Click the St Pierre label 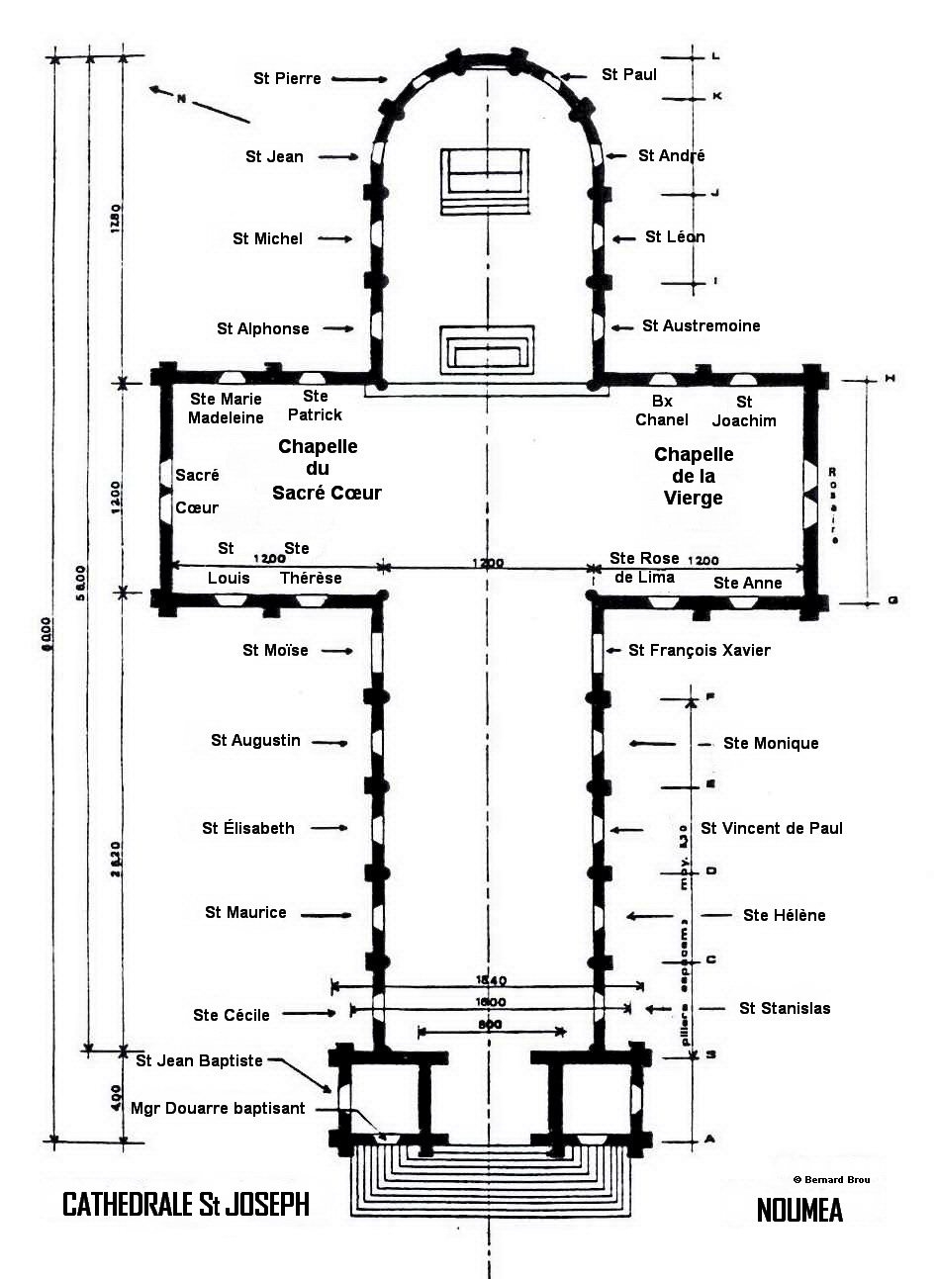pos(287,78)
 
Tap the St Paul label pos(628,74)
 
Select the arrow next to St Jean pos(339,156)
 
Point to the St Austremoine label pos(701,325)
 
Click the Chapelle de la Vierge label pos(694,476)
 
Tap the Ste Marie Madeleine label pos(226,408)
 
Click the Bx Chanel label pos(662,411)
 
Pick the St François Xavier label pos(699,650)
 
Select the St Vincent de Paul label pos(771,828)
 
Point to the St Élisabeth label pos(248,828)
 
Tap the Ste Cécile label pos(232,1014)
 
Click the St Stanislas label pos(784,1008)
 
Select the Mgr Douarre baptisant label pos(218,1108)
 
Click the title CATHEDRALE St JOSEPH pos(185,1204)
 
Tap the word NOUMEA pos(798,1210)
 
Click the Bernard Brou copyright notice pos(831,1180)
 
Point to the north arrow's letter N pos(182,98)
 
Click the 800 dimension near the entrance pos(490,1025)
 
